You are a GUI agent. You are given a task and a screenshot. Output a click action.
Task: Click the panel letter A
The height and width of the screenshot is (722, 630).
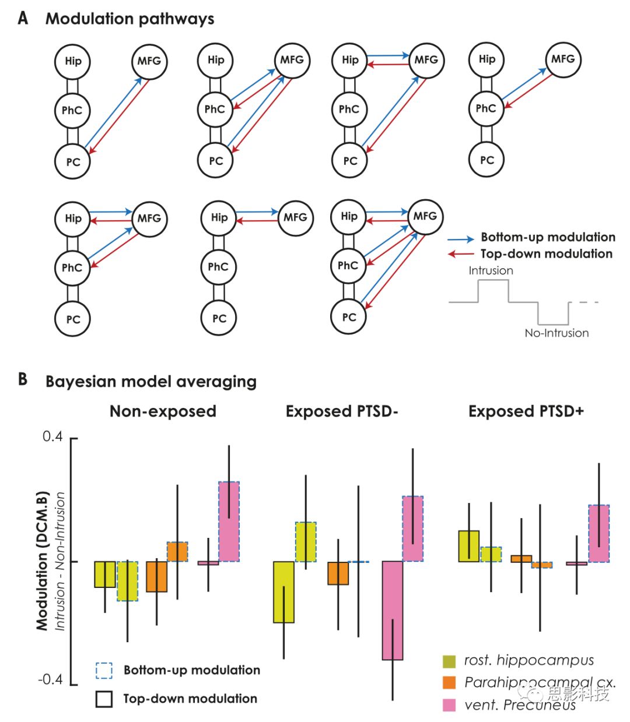pos(23,18)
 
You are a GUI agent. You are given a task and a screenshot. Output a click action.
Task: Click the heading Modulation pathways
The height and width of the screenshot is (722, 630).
pos(129,19)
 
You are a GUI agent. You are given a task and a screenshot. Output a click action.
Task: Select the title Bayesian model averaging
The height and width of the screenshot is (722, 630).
pos(150,382)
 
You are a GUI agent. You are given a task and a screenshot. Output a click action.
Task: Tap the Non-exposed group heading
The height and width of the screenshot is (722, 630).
pos(163,411)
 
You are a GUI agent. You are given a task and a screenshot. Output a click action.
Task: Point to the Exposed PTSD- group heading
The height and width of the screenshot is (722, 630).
pos(342,411)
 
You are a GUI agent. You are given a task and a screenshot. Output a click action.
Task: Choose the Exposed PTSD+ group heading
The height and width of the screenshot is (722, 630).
pos(526,411)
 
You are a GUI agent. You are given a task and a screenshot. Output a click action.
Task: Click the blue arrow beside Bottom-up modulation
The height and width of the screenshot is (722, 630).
pos(461,238)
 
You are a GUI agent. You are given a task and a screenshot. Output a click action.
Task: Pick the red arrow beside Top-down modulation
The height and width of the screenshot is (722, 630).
pos(461,254)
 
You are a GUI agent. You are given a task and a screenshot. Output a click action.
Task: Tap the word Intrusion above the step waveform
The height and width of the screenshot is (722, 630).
pos(491,270)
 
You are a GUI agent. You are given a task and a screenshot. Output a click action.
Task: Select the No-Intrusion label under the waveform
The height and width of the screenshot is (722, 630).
pos(556,333)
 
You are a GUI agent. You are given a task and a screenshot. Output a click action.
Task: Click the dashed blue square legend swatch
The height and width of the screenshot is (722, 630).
pos(104,670)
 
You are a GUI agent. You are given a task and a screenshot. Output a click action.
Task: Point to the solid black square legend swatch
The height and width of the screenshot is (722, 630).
pos(104,699)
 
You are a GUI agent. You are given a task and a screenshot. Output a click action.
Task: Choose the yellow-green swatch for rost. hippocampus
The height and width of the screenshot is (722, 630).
pos(449,661)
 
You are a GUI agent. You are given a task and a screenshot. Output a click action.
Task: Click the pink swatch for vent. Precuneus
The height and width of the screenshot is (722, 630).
pos(449,705)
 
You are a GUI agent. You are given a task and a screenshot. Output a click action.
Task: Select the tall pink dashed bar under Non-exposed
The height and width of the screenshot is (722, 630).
pos(229,522)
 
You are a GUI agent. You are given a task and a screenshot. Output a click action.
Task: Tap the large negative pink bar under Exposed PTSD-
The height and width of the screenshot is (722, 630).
pos(393,610)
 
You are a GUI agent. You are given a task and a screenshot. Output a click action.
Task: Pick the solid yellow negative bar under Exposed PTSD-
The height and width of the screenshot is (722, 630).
pos(283,591)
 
